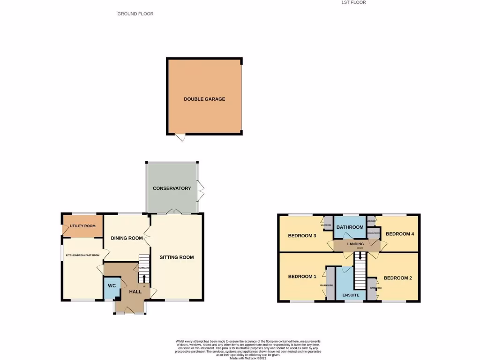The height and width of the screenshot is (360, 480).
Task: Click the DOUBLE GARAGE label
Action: click(x=204, y=99)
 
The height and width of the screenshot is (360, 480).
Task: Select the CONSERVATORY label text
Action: click(x=172, y=188)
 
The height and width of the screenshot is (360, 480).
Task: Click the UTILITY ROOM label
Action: click(x=82, y=226)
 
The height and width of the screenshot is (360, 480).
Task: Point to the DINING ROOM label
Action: click(x=127, y=238)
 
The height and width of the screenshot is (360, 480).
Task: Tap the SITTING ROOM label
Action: click(x=177, y=257)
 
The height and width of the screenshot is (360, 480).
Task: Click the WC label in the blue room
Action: click(x=112, y=285)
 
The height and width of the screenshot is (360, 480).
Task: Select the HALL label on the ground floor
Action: click(x=135, y=292)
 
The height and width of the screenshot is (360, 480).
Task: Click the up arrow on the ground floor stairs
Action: click(x=144, y=279)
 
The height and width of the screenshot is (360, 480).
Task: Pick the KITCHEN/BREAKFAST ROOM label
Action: click(x=83, y=255)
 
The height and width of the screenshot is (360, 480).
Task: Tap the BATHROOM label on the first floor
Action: click(x=350, y=227)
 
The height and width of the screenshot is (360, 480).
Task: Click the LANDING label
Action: click(x=356, y=244)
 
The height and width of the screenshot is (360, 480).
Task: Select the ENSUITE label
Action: click(x=351, y=295)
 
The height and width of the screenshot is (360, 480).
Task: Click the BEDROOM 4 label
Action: click(x=400, y=233)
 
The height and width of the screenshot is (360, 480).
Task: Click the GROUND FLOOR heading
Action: click(x=135, y=14)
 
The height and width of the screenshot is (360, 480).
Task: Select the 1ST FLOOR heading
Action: click(x=353, y=2)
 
